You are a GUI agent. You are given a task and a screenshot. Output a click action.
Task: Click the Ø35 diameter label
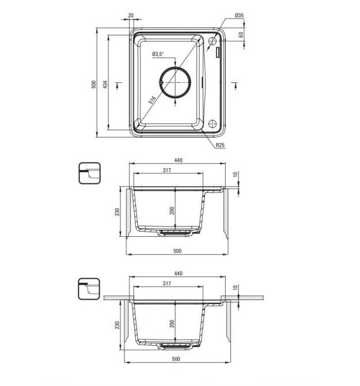pyautogui.click(x=239, y=15)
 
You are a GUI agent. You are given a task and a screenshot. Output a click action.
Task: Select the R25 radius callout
pyautogui.click(x=220, y=145)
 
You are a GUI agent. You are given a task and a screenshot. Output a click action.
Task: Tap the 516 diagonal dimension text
pyautogui.click(x=152, y=100)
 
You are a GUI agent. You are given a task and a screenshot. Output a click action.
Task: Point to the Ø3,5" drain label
pyautogui.click(x=158, y=54)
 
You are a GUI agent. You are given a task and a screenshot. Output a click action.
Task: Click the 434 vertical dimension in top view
pyautogui.click(x=105, y=85)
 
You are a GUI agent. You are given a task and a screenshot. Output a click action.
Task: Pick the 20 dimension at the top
pyautogui.click(x=131, y=15)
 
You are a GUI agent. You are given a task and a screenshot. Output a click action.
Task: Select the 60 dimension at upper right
pyautogui.click(x=241, y=35)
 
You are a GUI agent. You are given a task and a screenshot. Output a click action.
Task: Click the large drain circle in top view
pyautogui.click(x=175, y=82)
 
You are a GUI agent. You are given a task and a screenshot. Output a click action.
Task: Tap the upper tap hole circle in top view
pyautogui.click(x=212, y=41)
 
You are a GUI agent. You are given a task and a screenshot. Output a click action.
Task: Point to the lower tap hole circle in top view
pyautogui.click(x=212, y=124)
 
